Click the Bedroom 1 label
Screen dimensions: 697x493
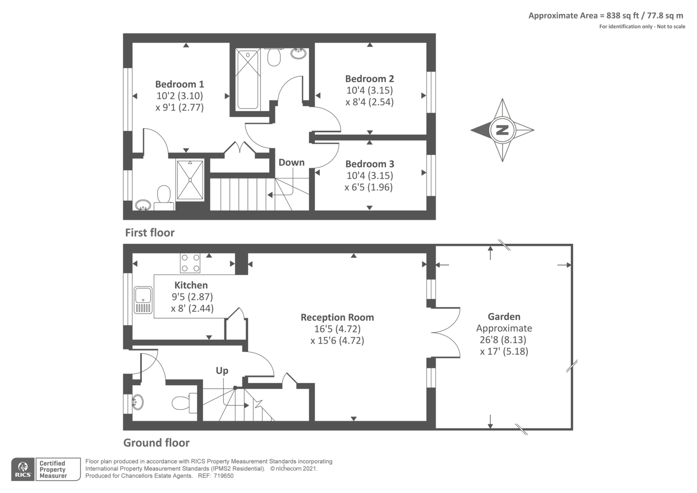(179, 84)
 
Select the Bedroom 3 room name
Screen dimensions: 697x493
(370, 164)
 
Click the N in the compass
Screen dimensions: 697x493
(502, 130)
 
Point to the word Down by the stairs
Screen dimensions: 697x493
(291, 162)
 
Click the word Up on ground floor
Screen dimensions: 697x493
(222, 370)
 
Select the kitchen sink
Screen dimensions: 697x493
(143, 300)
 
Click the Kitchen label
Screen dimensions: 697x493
(191, 285)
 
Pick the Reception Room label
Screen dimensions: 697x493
(337, 317)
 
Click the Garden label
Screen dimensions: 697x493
(504, 316)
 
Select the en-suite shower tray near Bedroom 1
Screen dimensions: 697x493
(190, 180)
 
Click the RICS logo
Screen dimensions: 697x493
(23, 469)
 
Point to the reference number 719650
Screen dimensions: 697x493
(223, 476)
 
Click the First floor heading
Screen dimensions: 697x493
(150, 233)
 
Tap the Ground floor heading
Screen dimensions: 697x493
(156, 442)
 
